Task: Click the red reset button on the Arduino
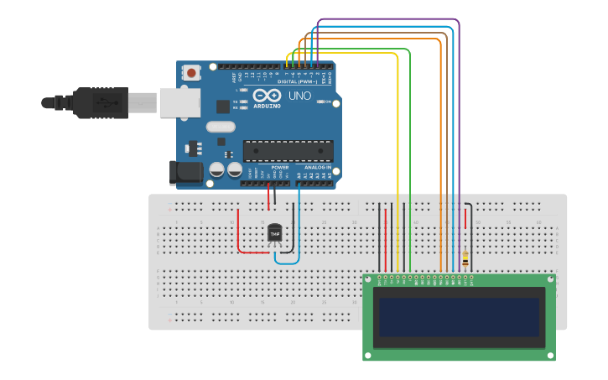coord(192,73)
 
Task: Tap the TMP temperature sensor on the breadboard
coord(275,232)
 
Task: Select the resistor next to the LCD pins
coord(465,258)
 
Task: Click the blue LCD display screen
coord(459,315)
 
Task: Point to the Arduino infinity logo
coord(262,96)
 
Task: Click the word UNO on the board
coord(299,96)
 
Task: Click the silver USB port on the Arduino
coord(179,102)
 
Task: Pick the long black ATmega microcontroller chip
coord(288,151)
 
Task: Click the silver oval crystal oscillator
coord(220,127)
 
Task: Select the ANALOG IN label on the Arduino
coord(315,167)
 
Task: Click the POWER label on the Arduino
coord(279,167)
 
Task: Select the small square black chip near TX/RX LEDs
coord(222,107)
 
